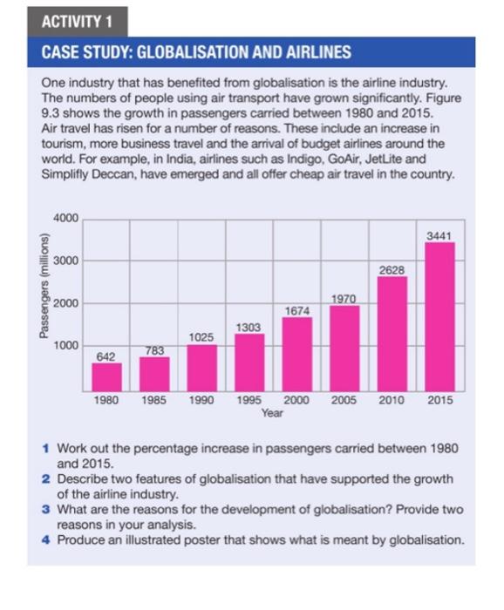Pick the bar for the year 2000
[x=297, y=353]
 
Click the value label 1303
[x=249, y=327]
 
